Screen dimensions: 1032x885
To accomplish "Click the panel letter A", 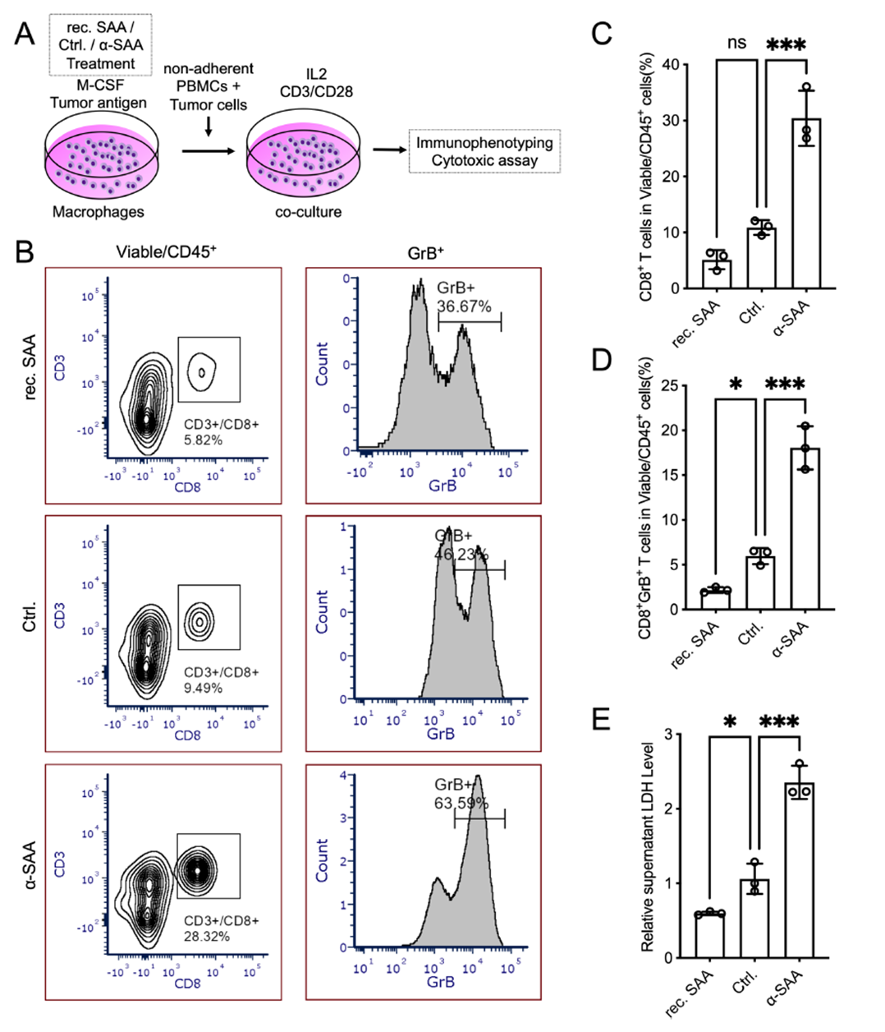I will pyautogui.click(x=25, y=34).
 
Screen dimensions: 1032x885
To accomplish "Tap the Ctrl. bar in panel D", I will pyautogui.click(x=761, y=583).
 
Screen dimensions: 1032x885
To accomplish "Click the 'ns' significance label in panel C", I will pyautogui.click(x=736, y=43).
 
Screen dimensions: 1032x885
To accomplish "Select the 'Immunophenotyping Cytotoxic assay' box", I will pyautogui.click(x=484, y=151).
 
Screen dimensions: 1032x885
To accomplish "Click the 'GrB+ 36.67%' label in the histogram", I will pyautogui.click(x=464, y=297).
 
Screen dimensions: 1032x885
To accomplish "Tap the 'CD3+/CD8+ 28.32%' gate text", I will pyautogui.click(x=221, y=928).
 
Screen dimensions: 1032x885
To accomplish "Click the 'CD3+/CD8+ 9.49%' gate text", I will pyautogui.click(x=221, y=680).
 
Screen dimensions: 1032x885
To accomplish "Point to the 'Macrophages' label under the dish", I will pyautogui.click(x=98, y=212).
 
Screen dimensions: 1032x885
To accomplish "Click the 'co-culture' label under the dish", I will pyautogui.click(x=308, y=212).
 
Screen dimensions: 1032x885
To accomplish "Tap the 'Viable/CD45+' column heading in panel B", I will pyautogui.click(x=166, y=253).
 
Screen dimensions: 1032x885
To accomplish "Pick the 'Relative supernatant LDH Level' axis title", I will pyautogui.click(x=649, y=847).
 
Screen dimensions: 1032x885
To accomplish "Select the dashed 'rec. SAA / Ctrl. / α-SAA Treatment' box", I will pyautogui.click(x=101, y=43).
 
